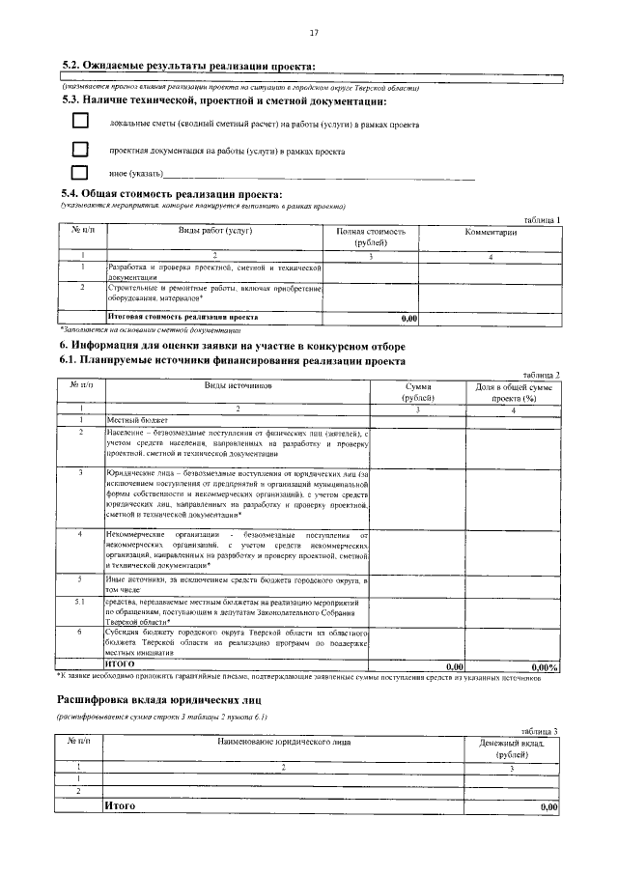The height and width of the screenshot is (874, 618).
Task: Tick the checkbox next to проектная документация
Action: (x=80, y=149)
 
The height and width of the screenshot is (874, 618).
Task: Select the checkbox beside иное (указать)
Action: (x=80, y=174)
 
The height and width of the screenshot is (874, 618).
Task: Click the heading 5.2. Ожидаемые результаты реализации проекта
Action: (x=188, y=65)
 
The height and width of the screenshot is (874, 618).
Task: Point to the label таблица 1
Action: (x=541, y=220)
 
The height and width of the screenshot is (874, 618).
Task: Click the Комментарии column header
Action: (x=491, y=232)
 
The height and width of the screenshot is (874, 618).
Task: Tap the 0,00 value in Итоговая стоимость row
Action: (x=407, y=317)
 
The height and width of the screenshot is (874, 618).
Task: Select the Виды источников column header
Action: (x=238, y=385)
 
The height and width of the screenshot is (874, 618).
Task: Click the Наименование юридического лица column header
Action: (x=283, y=742)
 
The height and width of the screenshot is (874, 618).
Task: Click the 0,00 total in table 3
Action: (x=549, y=805)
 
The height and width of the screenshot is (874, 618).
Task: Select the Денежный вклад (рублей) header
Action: (x=512, y=748)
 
